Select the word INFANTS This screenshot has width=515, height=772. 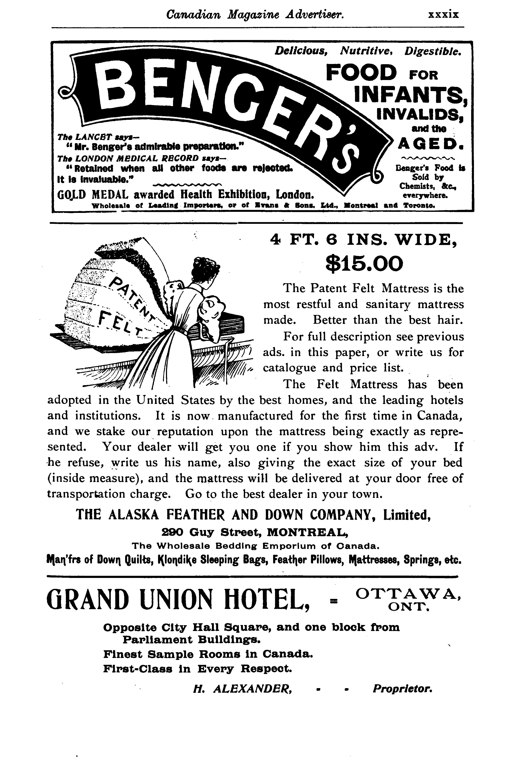411,95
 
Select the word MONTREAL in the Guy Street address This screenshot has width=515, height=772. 305,531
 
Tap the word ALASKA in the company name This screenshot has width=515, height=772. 133,514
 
